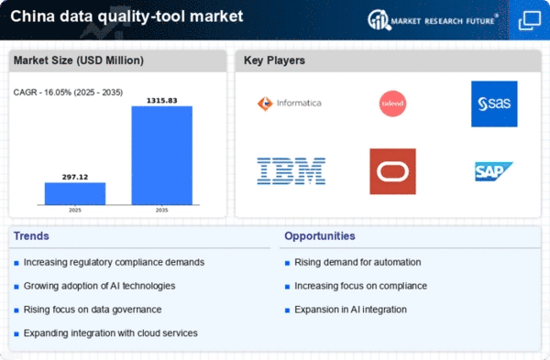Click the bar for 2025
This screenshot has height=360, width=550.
tap(75, 193)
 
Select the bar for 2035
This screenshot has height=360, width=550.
tap(162, 156)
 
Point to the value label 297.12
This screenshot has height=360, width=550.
tap(75, 177)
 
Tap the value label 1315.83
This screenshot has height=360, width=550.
tap(161, 101)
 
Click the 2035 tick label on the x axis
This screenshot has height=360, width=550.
tap(161, 210)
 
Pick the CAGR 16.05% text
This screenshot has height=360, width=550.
tap(68, 93)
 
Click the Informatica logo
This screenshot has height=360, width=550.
tap(290, 104)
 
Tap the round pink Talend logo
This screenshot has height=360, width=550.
tap(393, 104)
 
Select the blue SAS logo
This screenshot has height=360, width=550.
tap(494, 104)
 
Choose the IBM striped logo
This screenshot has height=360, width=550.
tap(291, 171)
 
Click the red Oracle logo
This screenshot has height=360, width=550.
tap(393, 171)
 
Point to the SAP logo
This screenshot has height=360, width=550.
tap(494, 171)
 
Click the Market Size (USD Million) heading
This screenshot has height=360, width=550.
tap(79, 60)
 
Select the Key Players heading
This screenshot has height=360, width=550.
tap(274, 60)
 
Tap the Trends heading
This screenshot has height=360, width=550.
tap(31, 236)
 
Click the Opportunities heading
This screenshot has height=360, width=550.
tap(320, 236)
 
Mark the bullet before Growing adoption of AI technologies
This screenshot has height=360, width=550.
tap(16, 287)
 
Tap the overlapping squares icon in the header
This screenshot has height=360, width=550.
tap(530, 20)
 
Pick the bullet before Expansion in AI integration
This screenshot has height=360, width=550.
tap(287, 311)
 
